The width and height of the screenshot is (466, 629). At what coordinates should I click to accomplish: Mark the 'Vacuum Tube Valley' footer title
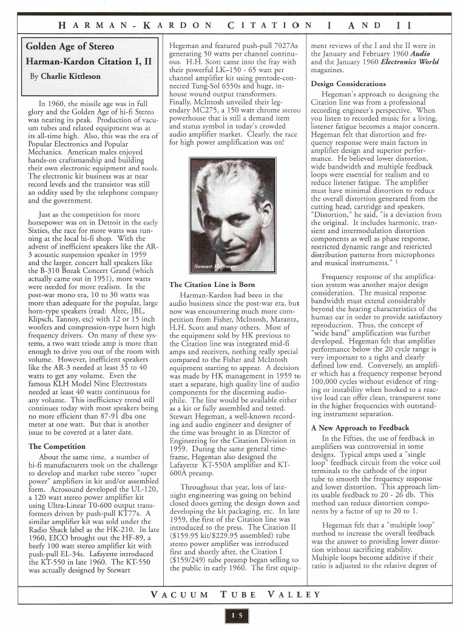coord(233,594)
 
